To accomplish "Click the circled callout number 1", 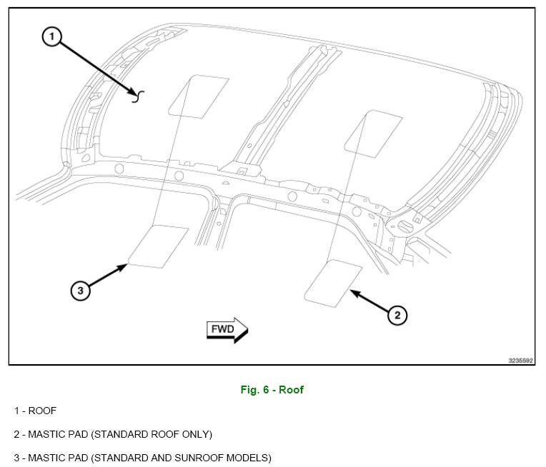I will (x=53, y=37).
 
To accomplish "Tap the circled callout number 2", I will (x=397, y=314).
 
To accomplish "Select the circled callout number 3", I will (x=81, y=290).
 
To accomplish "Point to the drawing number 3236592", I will (x=521, y=361).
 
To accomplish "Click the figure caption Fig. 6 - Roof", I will (x=272, y=390).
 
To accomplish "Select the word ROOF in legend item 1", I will (x=42, y=411).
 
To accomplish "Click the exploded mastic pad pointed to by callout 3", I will (x=159, y=247).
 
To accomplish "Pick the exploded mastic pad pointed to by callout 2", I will (x=333, y=284).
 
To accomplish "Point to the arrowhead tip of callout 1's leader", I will (x=135, y=94).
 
